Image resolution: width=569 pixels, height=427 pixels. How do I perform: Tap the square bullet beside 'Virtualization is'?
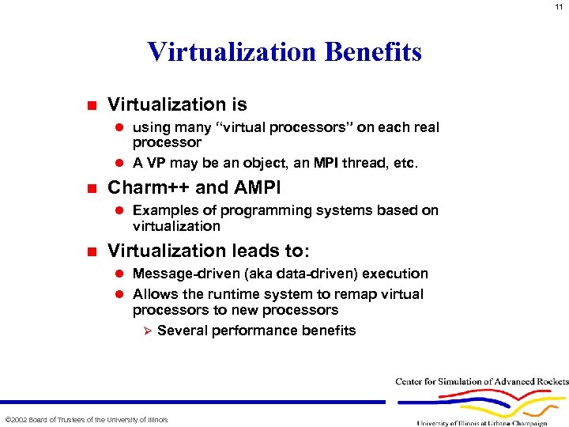92,105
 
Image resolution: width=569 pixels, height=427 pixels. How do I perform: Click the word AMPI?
254,188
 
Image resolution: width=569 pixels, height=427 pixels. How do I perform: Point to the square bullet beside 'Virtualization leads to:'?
92,251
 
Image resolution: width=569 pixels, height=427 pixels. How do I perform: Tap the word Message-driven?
182,274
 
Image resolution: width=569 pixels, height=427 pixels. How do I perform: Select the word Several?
183,331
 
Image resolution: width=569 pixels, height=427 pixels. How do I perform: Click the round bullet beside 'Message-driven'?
121,274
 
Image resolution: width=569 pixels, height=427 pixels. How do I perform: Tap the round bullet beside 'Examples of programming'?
121,211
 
